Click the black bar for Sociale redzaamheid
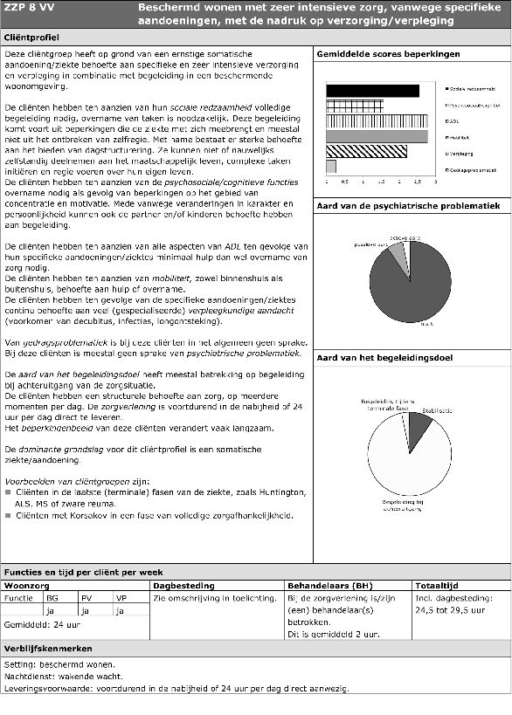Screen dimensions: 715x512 pos(371,90)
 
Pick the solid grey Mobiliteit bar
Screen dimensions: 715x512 pos(377,135)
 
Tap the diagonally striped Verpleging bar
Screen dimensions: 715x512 pos(366,151)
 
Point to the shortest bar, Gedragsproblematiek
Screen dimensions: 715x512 pos(331,166)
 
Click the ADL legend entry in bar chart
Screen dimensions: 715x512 pos(452,121)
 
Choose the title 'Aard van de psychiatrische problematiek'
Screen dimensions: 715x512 pos(408,206)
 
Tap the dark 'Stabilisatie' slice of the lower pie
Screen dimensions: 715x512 pos(418,425)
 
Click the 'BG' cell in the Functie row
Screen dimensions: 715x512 pos(52,598)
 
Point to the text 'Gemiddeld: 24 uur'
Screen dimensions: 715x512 pos(38,624)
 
